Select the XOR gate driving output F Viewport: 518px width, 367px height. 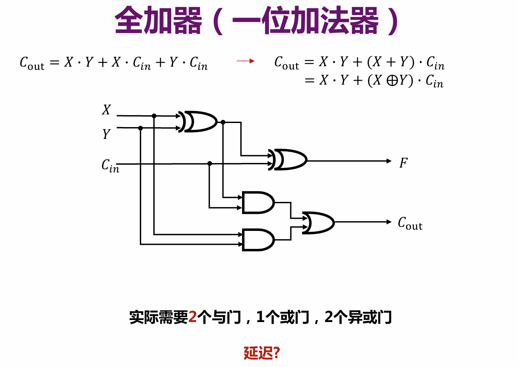pos(290,159)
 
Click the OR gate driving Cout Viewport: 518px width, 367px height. pos(318,222)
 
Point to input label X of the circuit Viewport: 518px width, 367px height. pos(106,110)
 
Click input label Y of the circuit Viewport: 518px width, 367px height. pos(106,134)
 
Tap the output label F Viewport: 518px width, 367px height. pos(404,163)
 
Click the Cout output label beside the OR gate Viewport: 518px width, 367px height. pos(410,223)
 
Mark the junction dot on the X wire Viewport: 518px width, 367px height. pos(154,116)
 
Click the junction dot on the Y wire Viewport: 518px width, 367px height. pos(140,128)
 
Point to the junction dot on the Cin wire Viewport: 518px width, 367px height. pos(209,163)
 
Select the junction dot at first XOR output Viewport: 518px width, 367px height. pos(223,122)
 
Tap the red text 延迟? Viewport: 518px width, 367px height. pos(262,353)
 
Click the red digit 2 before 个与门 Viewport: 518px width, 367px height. pos(193,317)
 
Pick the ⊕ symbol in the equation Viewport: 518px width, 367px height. pos(390,81)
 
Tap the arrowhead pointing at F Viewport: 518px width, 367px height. pos(389,161)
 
